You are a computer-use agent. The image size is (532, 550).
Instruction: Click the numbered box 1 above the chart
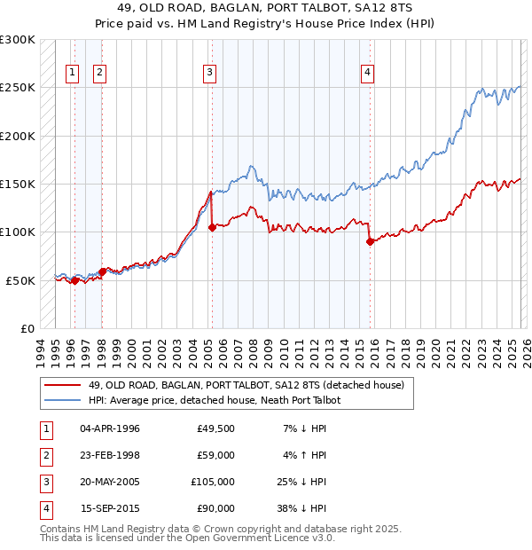coord(72,74)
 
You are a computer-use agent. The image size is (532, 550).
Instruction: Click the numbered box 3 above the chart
coord(210,74)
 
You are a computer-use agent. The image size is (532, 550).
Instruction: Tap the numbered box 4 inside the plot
coord(366,74)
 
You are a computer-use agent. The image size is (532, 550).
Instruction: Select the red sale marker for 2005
coord(212,227)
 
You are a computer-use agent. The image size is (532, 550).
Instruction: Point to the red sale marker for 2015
coord(369,241)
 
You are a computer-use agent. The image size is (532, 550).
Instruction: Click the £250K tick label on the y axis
coord(18,88)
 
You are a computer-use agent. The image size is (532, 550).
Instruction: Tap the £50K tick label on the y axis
coord(21,280)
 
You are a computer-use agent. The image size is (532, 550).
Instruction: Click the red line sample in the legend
coord(62,385)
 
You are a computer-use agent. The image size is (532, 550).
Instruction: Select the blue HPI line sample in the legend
coord(62,400)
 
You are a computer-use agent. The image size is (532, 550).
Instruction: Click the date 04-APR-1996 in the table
coord(109,428)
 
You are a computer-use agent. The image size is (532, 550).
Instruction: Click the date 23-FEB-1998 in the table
coord(109,455)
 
